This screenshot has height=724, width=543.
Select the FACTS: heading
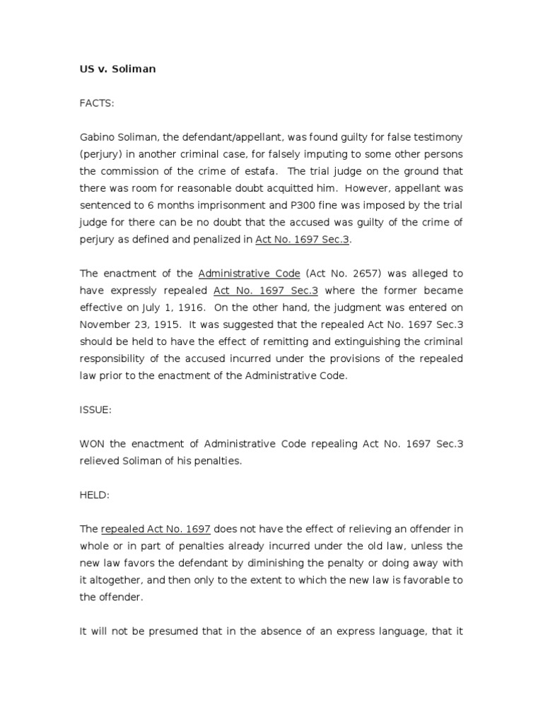click(x=96, y=103)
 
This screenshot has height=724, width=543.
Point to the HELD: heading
click(x=95, y=495)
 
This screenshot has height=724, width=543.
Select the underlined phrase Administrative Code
click(x=250, y=274)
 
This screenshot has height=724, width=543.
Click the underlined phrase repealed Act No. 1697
click(x=156, y=528)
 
